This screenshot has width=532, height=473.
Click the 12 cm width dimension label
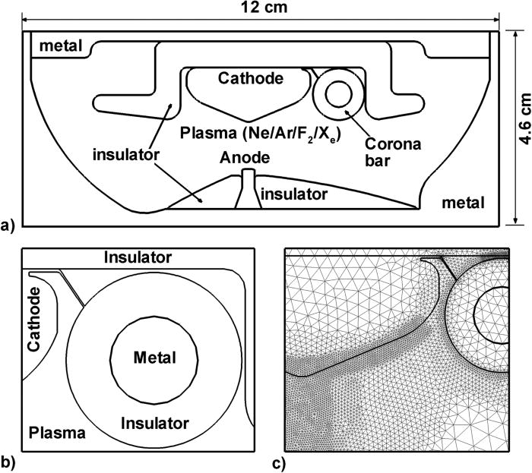coord(259,8)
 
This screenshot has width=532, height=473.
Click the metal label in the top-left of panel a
coord(59,46)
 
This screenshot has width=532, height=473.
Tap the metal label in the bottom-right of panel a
coord(464,203)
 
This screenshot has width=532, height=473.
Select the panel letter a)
coord(9,225)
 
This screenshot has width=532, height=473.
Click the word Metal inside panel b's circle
coord(153,357)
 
